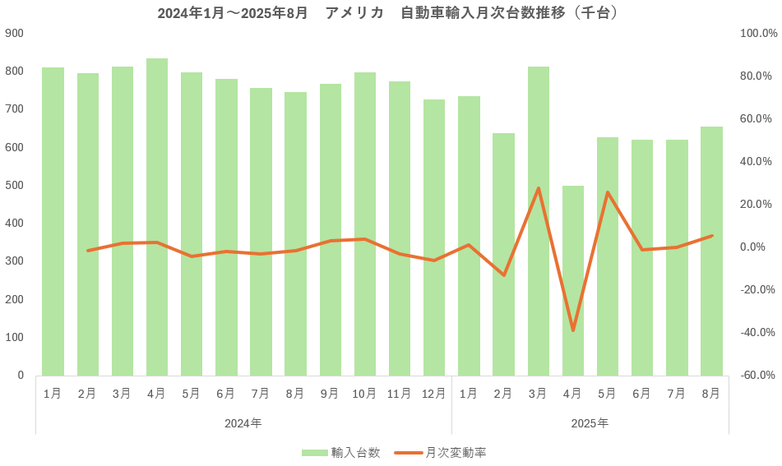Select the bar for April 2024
(157, 217)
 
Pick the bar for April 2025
(573, 280)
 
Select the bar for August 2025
(711, 251)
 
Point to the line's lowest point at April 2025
(573, 330)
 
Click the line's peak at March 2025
(539, 188)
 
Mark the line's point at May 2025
(608, 192)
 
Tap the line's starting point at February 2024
(87, 251)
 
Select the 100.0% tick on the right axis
(758, 33)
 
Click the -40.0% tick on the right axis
(758, 332)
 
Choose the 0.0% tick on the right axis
(758, 247)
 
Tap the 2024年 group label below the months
(243, 423)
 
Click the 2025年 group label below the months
(590, 423)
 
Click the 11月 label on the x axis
(399, 394)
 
